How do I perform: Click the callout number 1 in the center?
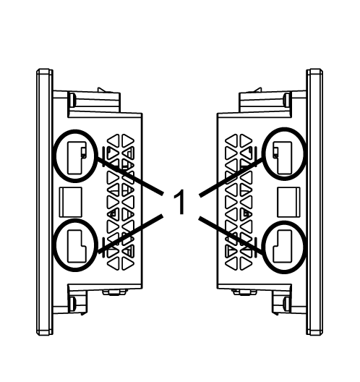(x=180, y=202)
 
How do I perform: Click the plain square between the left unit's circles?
(x=71, y=202)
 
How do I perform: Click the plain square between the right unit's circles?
(x=288, y=202)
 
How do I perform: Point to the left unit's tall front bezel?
(x=45, y=202)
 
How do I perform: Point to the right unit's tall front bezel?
(x=314, y=202)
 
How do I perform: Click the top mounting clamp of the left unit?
(x=94, y=102)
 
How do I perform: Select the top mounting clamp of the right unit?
(x=265, y=102)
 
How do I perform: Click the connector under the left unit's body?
(x=115, y=292)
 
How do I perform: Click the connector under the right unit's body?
(x=244, y=292)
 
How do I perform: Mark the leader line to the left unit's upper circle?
(x=130, y=176)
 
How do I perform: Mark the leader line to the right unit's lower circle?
(x=231, y=236)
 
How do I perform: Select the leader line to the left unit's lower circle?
(x=131, y=234)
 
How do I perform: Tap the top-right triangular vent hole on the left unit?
(x=127, y=141)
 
